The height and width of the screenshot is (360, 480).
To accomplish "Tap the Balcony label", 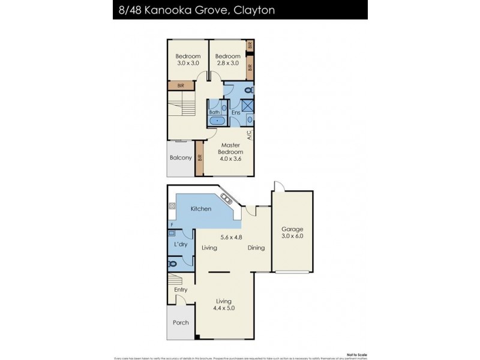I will pos(181,158).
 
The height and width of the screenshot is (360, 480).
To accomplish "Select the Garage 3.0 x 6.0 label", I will pos(292,232).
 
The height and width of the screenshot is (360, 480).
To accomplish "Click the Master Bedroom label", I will pos(231,149).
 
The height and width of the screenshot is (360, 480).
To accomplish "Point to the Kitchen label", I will pos(201,209).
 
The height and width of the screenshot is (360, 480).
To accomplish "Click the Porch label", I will pos(181,322).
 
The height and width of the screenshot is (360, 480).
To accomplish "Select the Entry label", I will pos(181,289).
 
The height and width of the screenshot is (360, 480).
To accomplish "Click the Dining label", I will pos(256,247).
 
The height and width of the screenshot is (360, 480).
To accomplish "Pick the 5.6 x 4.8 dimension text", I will pos(232,237).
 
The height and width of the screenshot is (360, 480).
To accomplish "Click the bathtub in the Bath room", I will pos(217,121).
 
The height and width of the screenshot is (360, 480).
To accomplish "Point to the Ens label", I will pos(236,112).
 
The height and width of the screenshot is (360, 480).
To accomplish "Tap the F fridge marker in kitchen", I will pos(172,225).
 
